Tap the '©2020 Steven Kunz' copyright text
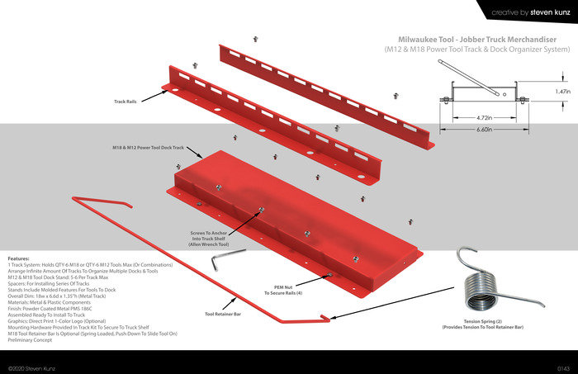click(x=32, y=367)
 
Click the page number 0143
click(x=563, y=367)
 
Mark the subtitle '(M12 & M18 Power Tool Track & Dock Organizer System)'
click(x=477, y=50)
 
